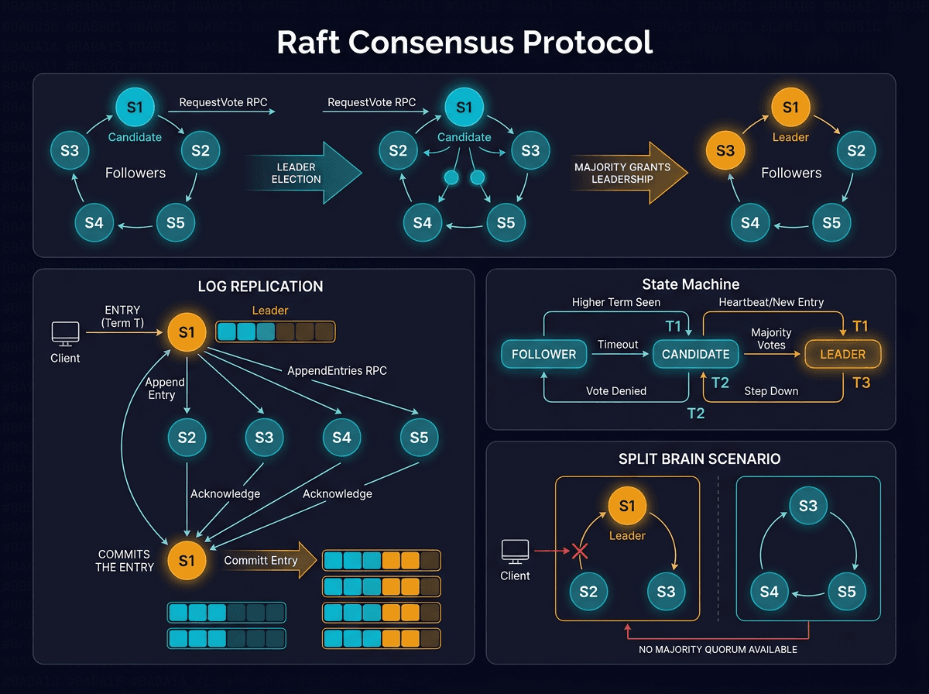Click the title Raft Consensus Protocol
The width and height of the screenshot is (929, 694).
click(x=464, y=43)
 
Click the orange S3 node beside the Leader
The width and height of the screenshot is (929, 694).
click(x=725, y=150)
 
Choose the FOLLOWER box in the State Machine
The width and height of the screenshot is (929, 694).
click(x=543, y=354)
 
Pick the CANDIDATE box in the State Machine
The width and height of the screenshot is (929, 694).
click(x=695, y=354)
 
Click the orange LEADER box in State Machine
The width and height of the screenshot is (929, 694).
click(x=842, y=354)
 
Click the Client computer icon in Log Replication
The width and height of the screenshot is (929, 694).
click(x=65, y=335)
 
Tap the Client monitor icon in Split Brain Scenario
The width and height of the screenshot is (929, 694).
click(x=515, y=552)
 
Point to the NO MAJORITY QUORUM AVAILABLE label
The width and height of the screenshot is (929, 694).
click(x=718, y=649)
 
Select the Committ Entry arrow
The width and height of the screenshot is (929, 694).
click(x=267, y=561)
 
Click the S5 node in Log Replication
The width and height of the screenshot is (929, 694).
click(x=419, y=438)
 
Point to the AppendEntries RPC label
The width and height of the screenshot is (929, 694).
click(x=337, y=370)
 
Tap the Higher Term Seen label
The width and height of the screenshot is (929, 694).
click(x=616, y=302)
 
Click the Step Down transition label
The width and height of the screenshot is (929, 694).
click(x=771, y=391)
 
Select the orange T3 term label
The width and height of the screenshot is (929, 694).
click(x=861, y=383)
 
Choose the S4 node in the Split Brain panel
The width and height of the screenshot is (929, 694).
click(x=769, y=593)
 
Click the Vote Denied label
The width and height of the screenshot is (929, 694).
click(x=616, y=391)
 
